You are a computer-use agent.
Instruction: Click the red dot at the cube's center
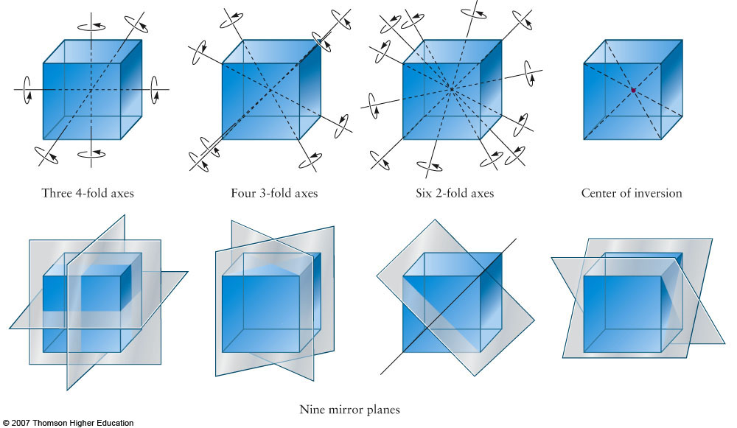tap(632, 90)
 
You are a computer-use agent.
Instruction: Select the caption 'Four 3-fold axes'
tap(274, 194)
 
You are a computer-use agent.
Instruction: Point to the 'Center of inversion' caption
tap(632, 194)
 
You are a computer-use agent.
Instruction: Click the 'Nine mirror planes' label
tap(349, 407)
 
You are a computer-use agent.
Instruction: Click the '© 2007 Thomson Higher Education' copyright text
tap(67, 423)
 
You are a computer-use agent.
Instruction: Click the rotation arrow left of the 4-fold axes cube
tap(27, 88)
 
